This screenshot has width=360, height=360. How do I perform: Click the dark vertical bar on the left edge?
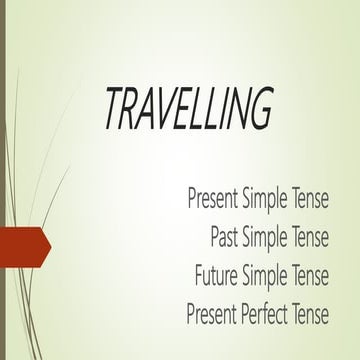pos(3,180)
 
